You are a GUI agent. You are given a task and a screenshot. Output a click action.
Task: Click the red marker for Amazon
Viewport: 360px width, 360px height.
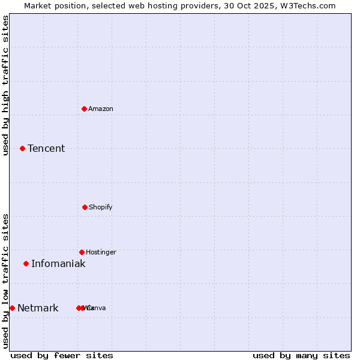[x=84, y=109]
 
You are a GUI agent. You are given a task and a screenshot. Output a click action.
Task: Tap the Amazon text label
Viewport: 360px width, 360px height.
[x=101, y=109]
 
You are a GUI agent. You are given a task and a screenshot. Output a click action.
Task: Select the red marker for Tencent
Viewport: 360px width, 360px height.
[x=22, y=148]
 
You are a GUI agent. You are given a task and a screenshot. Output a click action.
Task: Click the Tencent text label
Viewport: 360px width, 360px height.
[x=46, y=148]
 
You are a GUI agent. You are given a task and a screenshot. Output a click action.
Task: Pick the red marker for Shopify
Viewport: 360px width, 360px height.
[x=85, y=207]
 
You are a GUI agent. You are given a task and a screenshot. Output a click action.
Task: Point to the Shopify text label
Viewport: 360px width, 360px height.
[x=101, y=207]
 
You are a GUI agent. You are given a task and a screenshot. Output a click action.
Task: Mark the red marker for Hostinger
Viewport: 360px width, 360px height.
[x=82, y=252]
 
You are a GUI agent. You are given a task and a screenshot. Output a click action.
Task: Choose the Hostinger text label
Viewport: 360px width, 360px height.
[x=101, y=252]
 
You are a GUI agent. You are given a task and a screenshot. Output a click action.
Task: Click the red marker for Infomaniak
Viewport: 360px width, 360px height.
[x=26, y=263]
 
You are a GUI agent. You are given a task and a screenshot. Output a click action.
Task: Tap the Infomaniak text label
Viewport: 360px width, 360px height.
[x=58, y=263]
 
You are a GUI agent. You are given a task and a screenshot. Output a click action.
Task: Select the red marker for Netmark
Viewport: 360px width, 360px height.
[x=12, y=308]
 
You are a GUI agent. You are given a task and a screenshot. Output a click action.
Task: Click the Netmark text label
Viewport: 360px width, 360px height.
[x=38, y=308]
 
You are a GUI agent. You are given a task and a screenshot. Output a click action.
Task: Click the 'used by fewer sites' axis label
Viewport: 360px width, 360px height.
[x=62, y=355]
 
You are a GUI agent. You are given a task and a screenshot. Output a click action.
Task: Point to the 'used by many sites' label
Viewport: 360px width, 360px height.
[x=301, y=355]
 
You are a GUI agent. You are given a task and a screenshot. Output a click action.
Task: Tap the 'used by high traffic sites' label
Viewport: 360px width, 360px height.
[x=5, y=85]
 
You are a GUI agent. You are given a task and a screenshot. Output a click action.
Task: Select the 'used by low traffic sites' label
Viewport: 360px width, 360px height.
[x=5, y=281]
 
